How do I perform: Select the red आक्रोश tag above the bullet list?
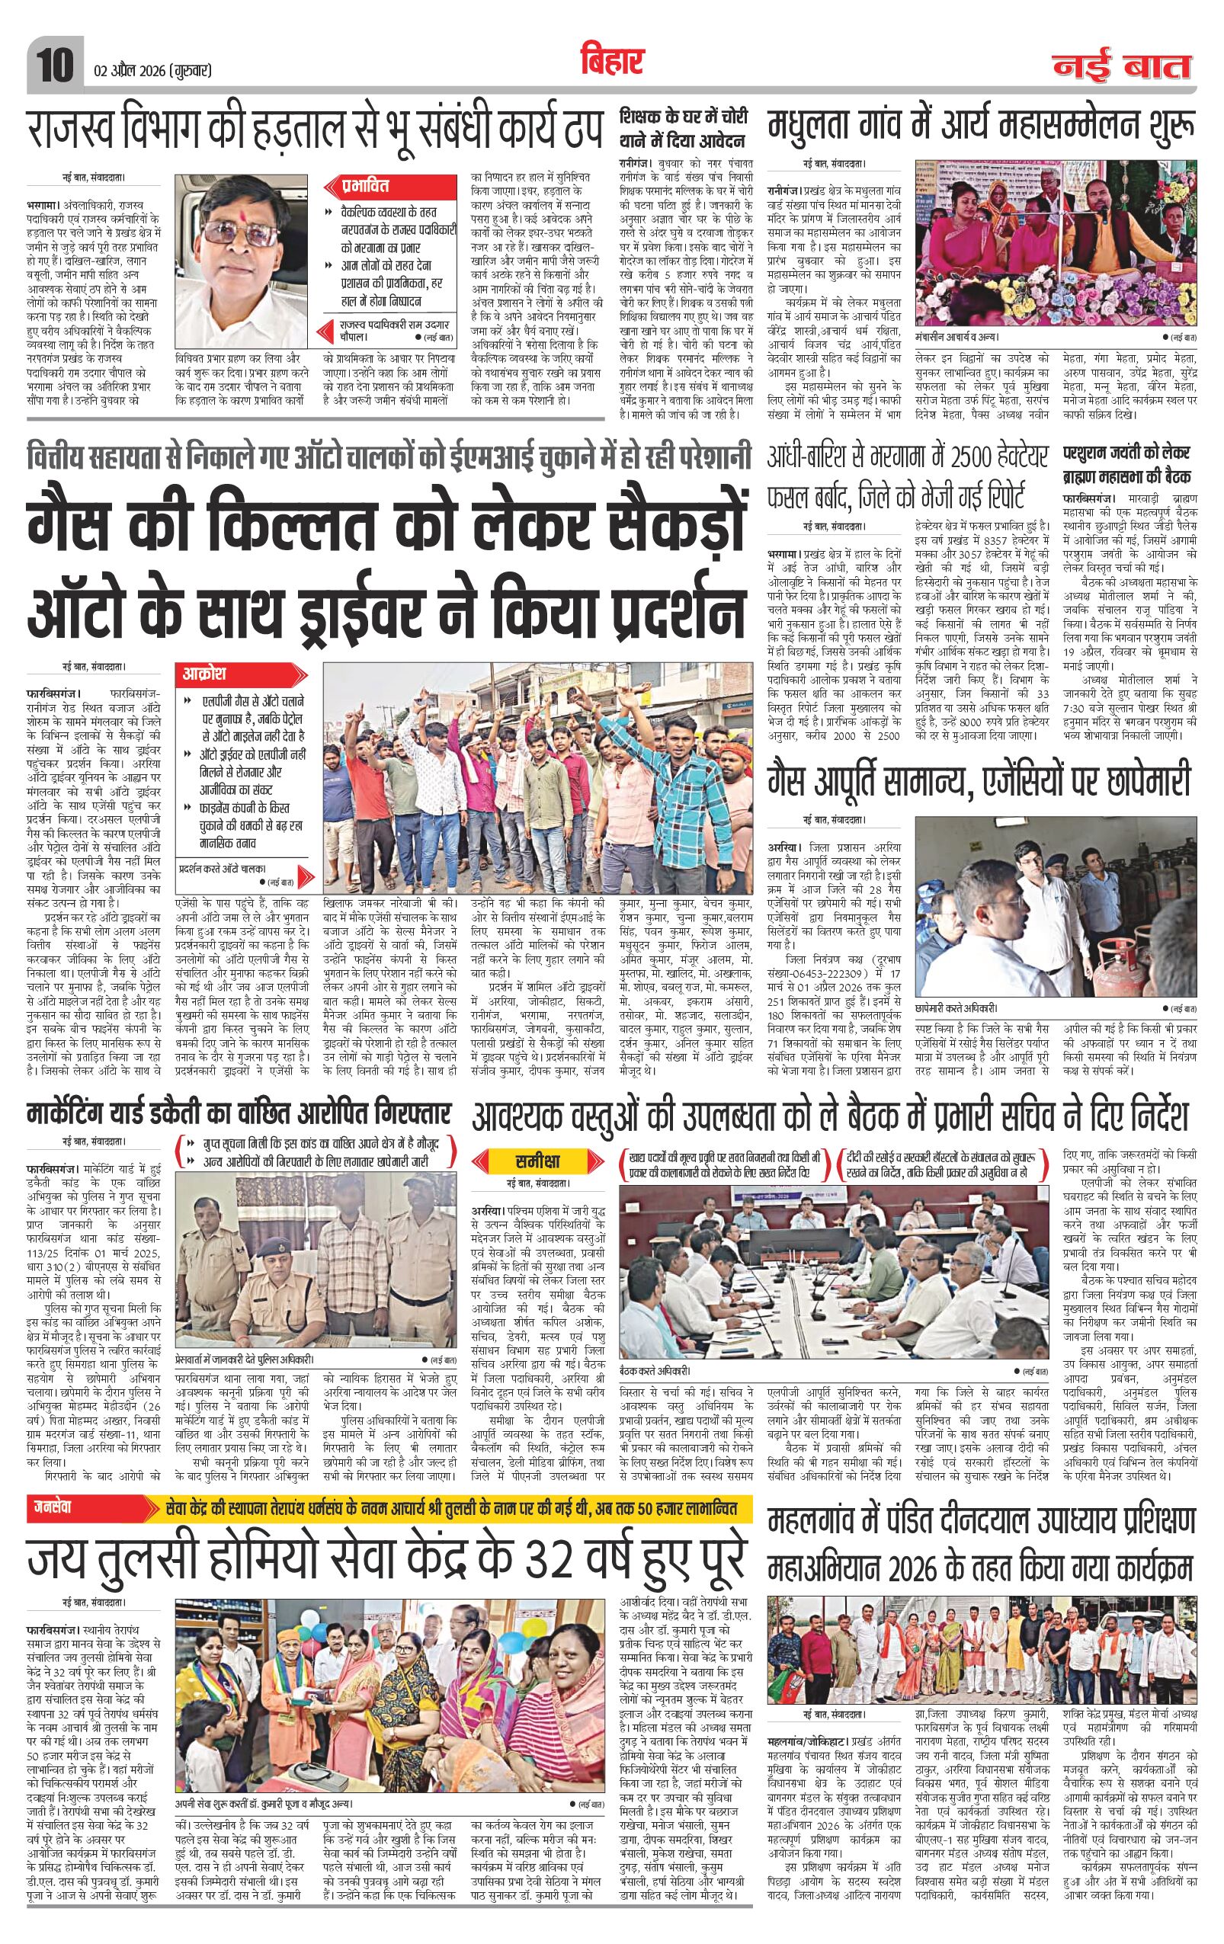point(208,672)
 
